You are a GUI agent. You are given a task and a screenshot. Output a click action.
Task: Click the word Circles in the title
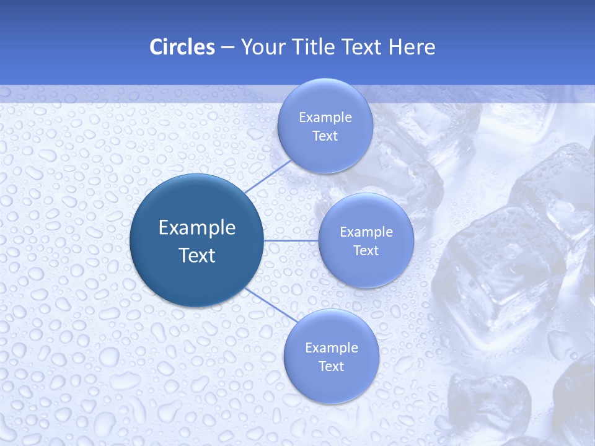(182, 47)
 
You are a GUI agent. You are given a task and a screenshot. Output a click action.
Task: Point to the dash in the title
(227, 48)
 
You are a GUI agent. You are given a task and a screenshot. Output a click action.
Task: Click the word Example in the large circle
(197, 228)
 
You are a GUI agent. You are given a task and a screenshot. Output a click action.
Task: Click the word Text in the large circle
(197, 255)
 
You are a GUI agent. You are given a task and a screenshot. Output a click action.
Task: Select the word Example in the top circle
(325, 117)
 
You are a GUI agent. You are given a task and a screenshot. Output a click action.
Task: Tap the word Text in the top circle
(325, 136)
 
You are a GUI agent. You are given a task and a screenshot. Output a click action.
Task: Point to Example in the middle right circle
(366, 232)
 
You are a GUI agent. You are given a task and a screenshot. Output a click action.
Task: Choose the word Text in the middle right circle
(366, 250)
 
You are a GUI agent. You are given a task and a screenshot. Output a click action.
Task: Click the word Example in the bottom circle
(332, 348)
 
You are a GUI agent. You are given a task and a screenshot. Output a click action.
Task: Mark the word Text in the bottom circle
(331, 366)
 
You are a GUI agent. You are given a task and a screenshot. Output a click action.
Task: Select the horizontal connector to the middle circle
(291, 240)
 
